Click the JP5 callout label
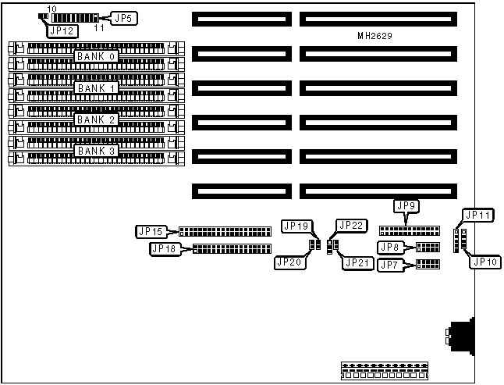pos(123,16)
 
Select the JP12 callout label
pos(62,31)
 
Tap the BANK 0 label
pos(96,56)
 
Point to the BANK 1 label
pos(96,87)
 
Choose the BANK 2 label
pos(96,119)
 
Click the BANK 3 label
pos(96,150)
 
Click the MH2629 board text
pos(374,37)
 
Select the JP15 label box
pos(150,231)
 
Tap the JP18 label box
pos(164,249)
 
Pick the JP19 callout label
pos(296,226)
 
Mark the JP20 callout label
pos(289,262)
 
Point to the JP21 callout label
pos(357,262)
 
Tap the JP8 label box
pos(390,248)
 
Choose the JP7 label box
pos(390,266)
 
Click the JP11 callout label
pos(477,214)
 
